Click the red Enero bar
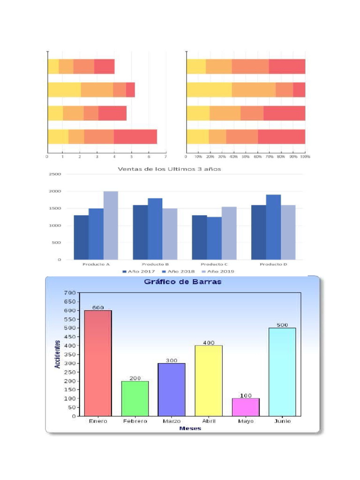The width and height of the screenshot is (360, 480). tap(97, 363)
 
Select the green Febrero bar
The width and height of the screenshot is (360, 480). tap(135, 398)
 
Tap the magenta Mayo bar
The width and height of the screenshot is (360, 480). tap(246, 407)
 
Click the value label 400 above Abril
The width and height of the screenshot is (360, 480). tap(209, 343)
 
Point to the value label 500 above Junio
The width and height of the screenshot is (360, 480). tap(282, 325)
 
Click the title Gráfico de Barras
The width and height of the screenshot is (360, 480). tap(182, 282)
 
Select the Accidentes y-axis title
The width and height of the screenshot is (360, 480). tap(57, 354)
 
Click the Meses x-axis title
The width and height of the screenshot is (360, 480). tap(190, 428)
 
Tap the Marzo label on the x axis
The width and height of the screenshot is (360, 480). tap(172, 421)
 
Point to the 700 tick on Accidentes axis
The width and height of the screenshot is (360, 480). tap(69, 293)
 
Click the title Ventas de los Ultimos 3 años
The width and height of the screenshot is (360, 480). tap(169, 169)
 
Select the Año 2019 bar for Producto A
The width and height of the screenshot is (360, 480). tap(111, 225)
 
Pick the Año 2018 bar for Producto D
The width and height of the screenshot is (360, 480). tap(273, 227)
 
